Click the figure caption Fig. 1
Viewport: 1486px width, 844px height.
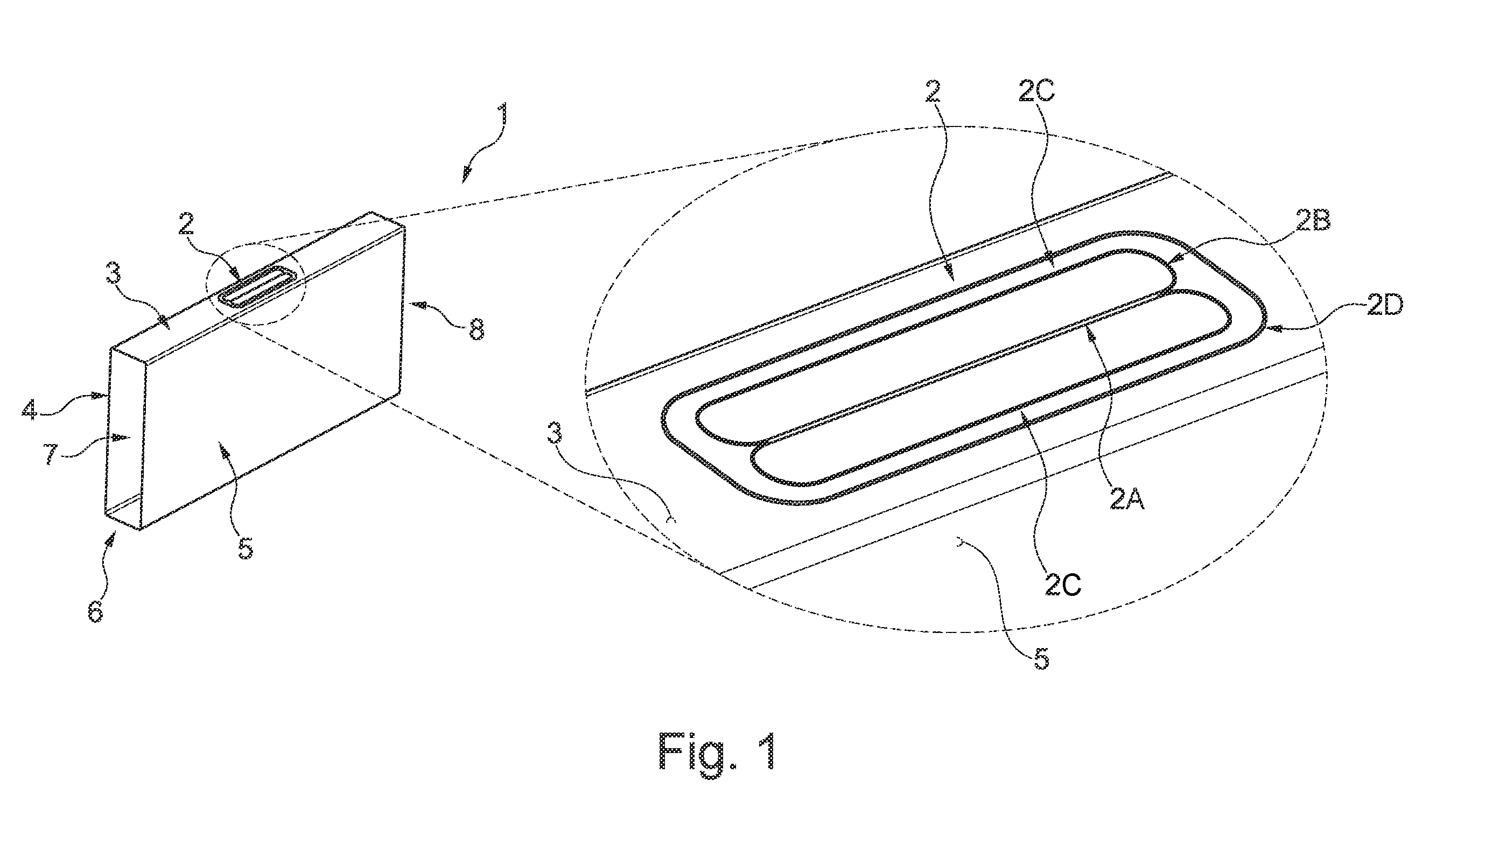[x=717, y=751]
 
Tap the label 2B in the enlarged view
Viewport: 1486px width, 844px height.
[x=1311, y=222]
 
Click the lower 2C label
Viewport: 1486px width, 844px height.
[x=1063, y=585]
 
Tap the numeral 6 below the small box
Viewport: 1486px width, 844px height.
[x=96, y=611]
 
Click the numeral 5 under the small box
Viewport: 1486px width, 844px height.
[x=246, y=547]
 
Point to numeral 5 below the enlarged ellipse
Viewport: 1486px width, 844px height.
[x=1042, y=659]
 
